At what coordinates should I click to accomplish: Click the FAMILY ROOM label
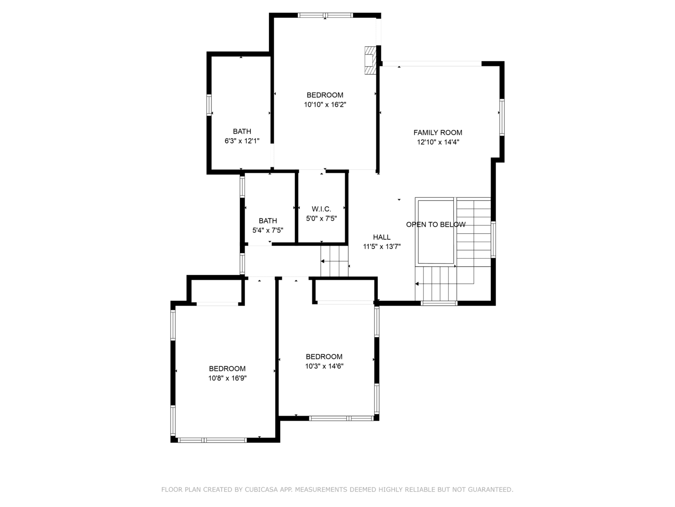coord(438,133)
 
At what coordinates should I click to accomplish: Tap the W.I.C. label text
coord(322,209)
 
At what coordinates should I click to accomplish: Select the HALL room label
coord(382,237)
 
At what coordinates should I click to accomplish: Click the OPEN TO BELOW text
coord(436,224)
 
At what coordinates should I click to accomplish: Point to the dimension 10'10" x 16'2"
coord(325,105)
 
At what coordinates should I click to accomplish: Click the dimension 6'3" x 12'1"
coord(242,141)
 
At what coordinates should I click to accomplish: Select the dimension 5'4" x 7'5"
coord(268,230)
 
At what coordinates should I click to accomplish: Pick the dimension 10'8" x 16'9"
coord(227,378)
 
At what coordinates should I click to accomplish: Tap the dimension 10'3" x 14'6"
coord(324,366)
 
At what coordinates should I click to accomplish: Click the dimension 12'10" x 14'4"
coord(438,142)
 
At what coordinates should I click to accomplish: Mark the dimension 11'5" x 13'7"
coord(382,246)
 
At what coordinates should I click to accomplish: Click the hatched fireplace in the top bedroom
coord(370,61)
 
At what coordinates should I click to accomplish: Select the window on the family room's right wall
coord(502,117)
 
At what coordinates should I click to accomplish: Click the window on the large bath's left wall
coord(209,105)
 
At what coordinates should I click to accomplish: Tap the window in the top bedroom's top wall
coord(325,15)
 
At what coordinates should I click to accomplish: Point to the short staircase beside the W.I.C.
coord(334,261)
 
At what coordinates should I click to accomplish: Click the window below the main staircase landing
coord(439,303)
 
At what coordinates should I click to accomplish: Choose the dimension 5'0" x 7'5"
coord(322,219)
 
